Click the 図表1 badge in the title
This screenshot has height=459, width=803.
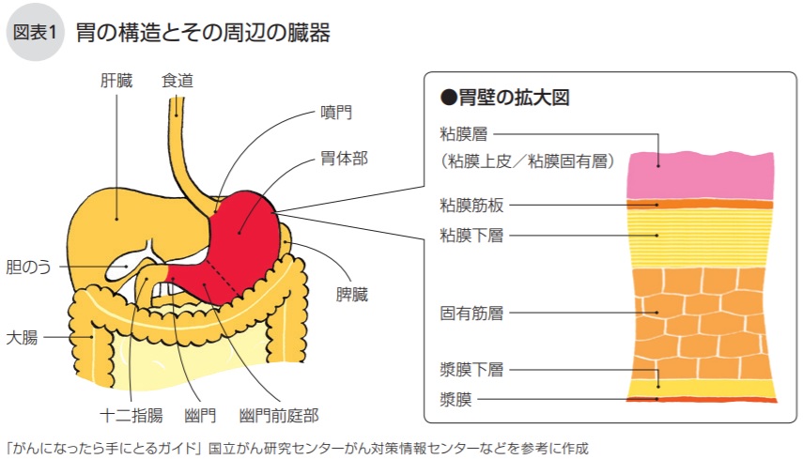click(36, 33)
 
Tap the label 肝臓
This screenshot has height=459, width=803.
click(117, 81)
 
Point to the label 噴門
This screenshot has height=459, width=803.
click(336, 114)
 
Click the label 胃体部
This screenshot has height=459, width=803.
click(344, 158)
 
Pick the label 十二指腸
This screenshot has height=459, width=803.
click(131, 414)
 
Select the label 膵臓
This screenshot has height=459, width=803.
click(352, 295)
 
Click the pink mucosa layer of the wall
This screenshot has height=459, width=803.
click(700, 174)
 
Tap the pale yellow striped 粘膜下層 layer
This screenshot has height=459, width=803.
click(700, 235)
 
